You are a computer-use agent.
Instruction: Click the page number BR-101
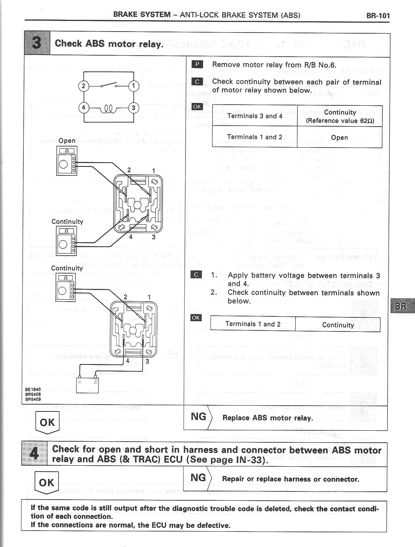[x=378, y=15]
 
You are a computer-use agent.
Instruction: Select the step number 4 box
[x=34, y=453]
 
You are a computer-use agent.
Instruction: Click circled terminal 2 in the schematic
[x=83, y=85]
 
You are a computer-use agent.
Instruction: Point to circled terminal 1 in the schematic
[x=134, y=85]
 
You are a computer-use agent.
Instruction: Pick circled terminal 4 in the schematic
[x=83, y=108]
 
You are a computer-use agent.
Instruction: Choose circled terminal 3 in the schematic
[x=134, y=108]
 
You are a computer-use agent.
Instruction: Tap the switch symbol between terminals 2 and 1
[x=109, y=85]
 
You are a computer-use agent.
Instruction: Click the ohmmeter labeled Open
[x=67, y=160]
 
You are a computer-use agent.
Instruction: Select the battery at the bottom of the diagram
[x=87, y=385]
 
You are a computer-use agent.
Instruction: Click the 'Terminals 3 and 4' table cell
[x=254, y=116]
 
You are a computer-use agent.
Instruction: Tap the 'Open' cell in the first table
[x=340, y=138]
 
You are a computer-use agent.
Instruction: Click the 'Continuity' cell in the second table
[x=338, y=325]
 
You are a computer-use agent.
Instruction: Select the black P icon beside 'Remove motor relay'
[x=197, y=64]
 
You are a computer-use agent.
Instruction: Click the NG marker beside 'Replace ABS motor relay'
[x=199, y=417]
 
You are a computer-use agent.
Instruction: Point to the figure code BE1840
[x=33, y=389]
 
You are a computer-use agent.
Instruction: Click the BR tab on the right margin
[x=402, y=306]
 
